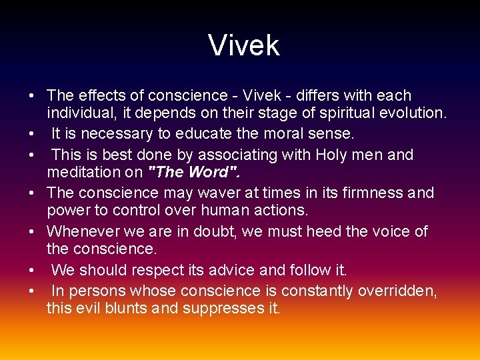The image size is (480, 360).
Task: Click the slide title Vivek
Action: pos(243,46)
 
